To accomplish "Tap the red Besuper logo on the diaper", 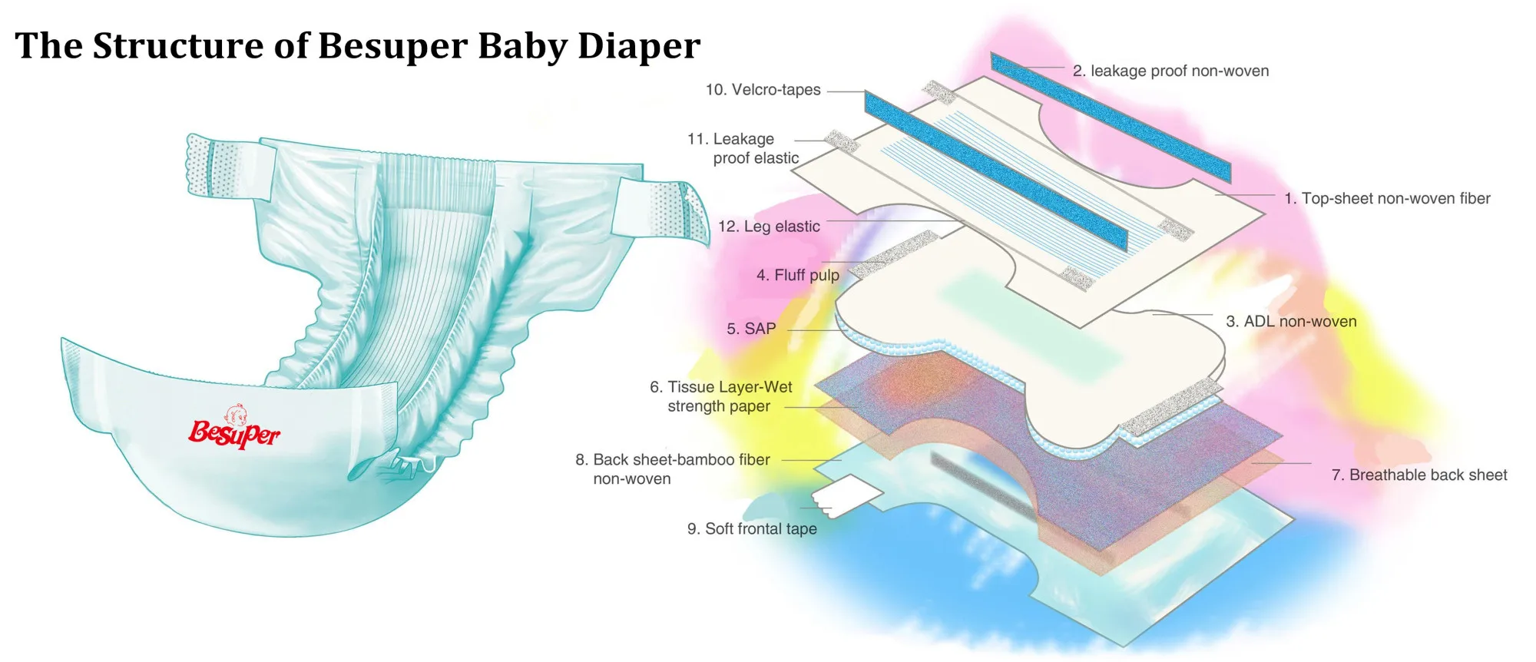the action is pos(234,434).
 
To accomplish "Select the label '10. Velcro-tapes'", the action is pos(763,90).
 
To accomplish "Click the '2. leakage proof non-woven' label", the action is pos(1170,71).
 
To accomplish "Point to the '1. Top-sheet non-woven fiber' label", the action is pos(1387,198).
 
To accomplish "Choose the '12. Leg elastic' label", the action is pos(769,227).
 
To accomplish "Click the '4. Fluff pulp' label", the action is pos(797,275).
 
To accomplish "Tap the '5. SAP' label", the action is pos(751,329).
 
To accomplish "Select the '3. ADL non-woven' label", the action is pos(1291,321).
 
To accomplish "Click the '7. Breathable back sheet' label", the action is pos(1418,475).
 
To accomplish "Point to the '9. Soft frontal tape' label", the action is pos(752,528).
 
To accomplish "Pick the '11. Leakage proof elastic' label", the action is pos(743,148).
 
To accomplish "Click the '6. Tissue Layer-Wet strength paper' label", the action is pos(720,396).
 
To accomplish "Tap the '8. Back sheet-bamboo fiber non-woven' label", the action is pos(672,468).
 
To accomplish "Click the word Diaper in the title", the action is pos(639,46).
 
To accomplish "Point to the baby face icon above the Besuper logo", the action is pos(237,415).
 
